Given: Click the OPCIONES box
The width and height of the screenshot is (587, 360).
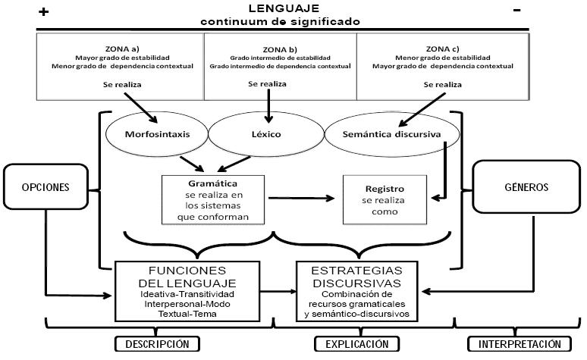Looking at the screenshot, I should pyautogui.click(x=36, y=186).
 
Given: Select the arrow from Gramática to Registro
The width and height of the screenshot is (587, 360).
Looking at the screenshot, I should pyautogui.click(x=301, y=199).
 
